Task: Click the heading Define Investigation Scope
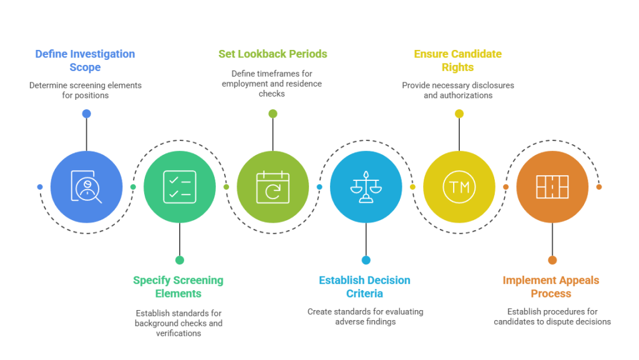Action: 84,61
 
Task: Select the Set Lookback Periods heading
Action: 273,54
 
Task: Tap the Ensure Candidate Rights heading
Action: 458,61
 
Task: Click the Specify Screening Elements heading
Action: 178,286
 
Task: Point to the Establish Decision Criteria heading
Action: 365,286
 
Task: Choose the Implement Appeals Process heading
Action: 551,286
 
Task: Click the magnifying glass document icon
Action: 86,187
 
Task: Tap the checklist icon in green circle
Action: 180,187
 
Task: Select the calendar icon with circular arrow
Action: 273,187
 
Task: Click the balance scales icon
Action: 366,187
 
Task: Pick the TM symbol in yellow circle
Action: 459,187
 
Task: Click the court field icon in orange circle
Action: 552,187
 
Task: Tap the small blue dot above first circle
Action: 86,114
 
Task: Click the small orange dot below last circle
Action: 552,260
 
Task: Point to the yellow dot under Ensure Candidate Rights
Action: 459,114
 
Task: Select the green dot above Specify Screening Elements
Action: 180,260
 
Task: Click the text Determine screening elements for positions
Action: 85,90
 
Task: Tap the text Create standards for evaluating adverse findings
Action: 366,316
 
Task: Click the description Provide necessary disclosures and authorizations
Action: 458,90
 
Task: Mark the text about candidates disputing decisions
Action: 552,316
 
